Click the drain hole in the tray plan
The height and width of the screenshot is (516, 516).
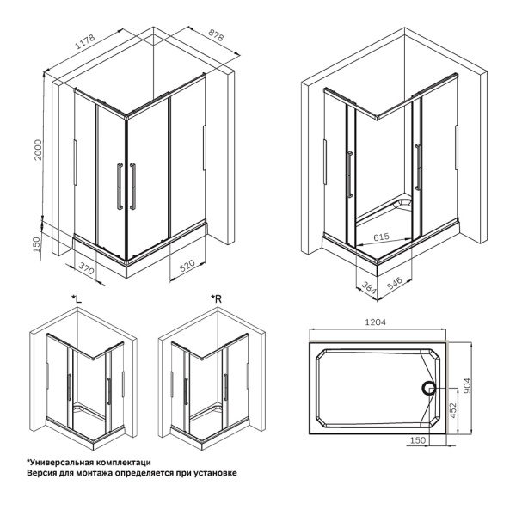(428, 388)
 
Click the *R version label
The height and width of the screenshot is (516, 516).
(217, 298)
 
